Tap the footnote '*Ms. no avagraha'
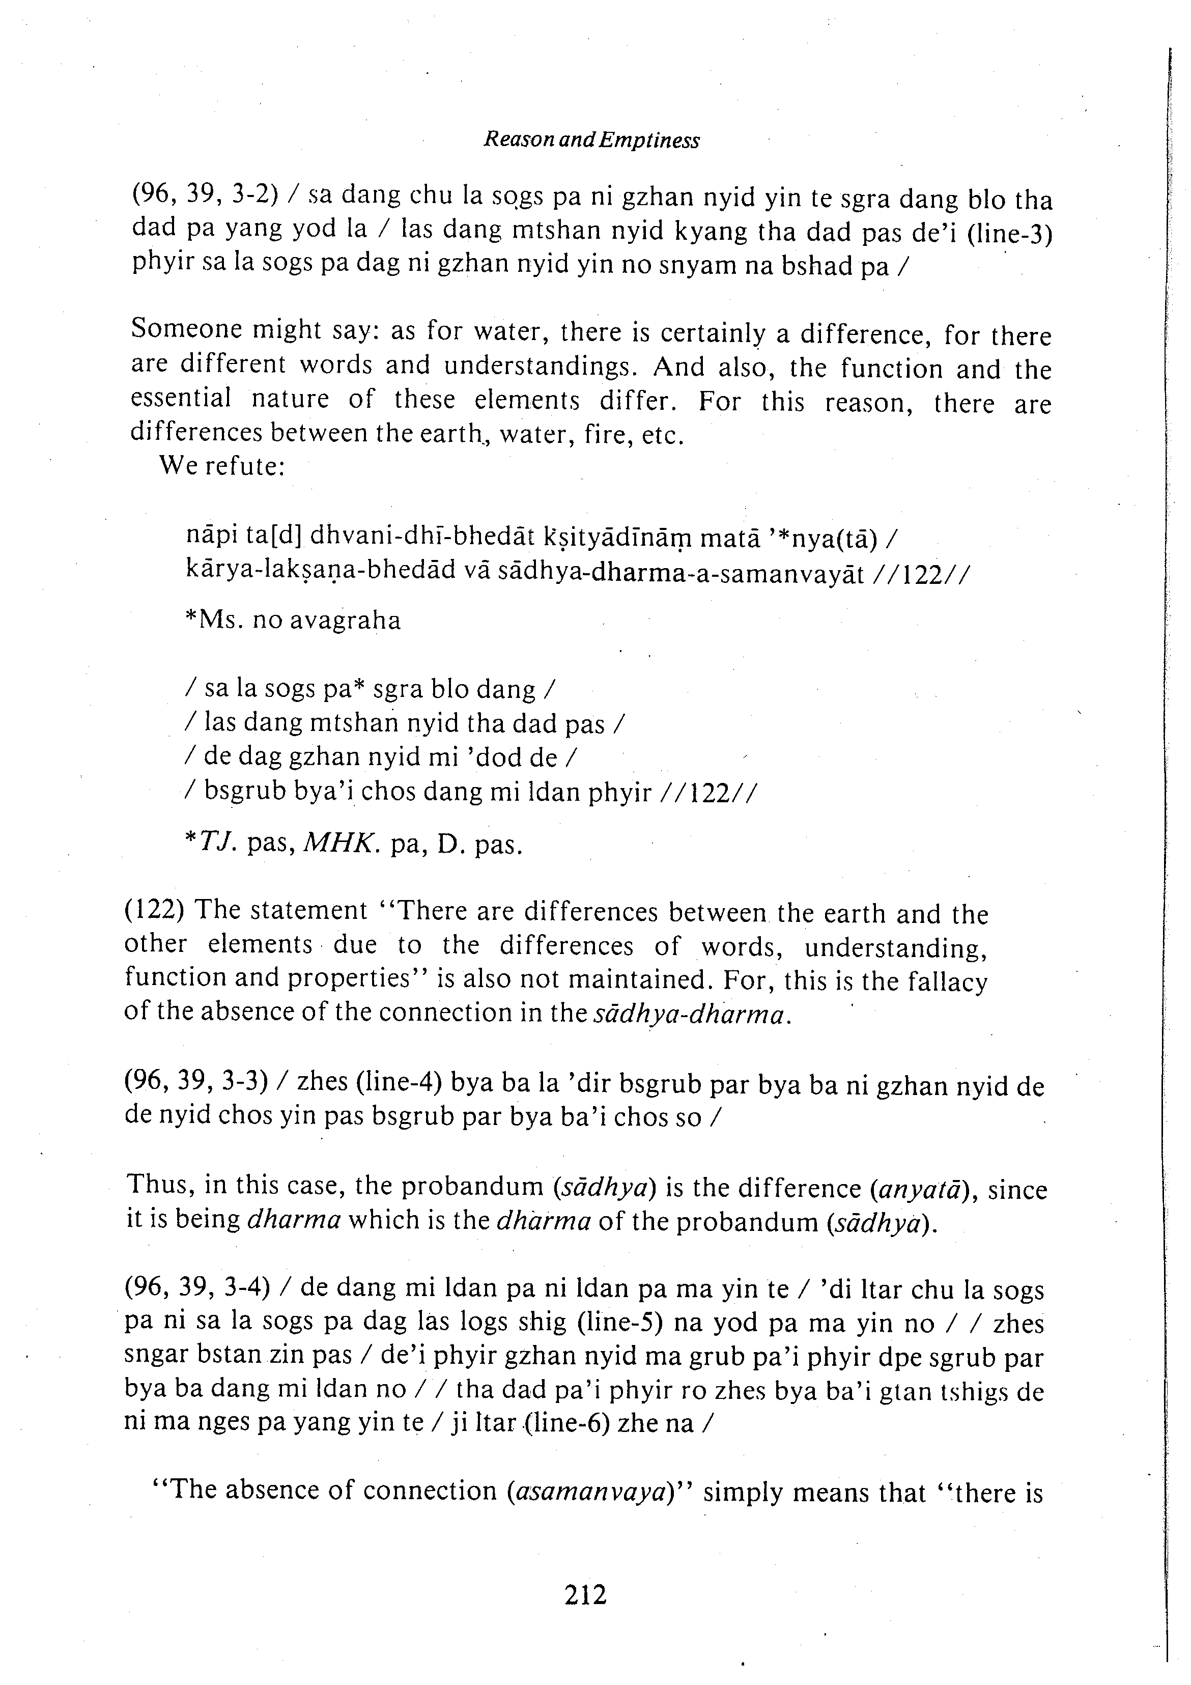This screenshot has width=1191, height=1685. pyautogui.click(x=294, y=621)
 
